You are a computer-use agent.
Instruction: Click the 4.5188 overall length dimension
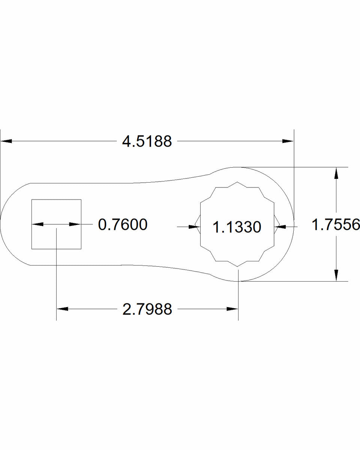(147, 142)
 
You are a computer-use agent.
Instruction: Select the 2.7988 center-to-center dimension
(147, 309)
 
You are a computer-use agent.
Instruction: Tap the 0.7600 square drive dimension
(122, 225)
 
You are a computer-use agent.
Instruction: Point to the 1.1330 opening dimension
(237, 227)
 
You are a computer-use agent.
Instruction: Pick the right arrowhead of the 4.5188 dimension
(288, 141)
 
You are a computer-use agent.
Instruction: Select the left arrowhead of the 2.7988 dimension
(62, 309)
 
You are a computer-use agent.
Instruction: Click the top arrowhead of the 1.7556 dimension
(336, 173)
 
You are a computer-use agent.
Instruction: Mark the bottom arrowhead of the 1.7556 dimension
(336, 275)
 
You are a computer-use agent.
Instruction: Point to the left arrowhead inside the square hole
(37, 224)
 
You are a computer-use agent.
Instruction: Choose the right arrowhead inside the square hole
(75, 224)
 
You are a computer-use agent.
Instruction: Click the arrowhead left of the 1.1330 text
(194, 226)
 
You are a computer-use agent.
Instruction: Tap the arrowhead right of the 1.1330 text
(280, 226)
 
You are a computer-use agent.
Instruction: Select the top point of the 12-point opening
(238, 183)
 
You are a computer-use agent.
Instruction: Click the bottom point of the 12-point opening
(238, 267)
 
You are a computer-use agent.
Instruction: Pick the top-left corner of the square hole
(31, 199)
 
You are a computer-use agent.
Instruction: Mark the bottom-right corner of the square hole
(81, 249)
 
